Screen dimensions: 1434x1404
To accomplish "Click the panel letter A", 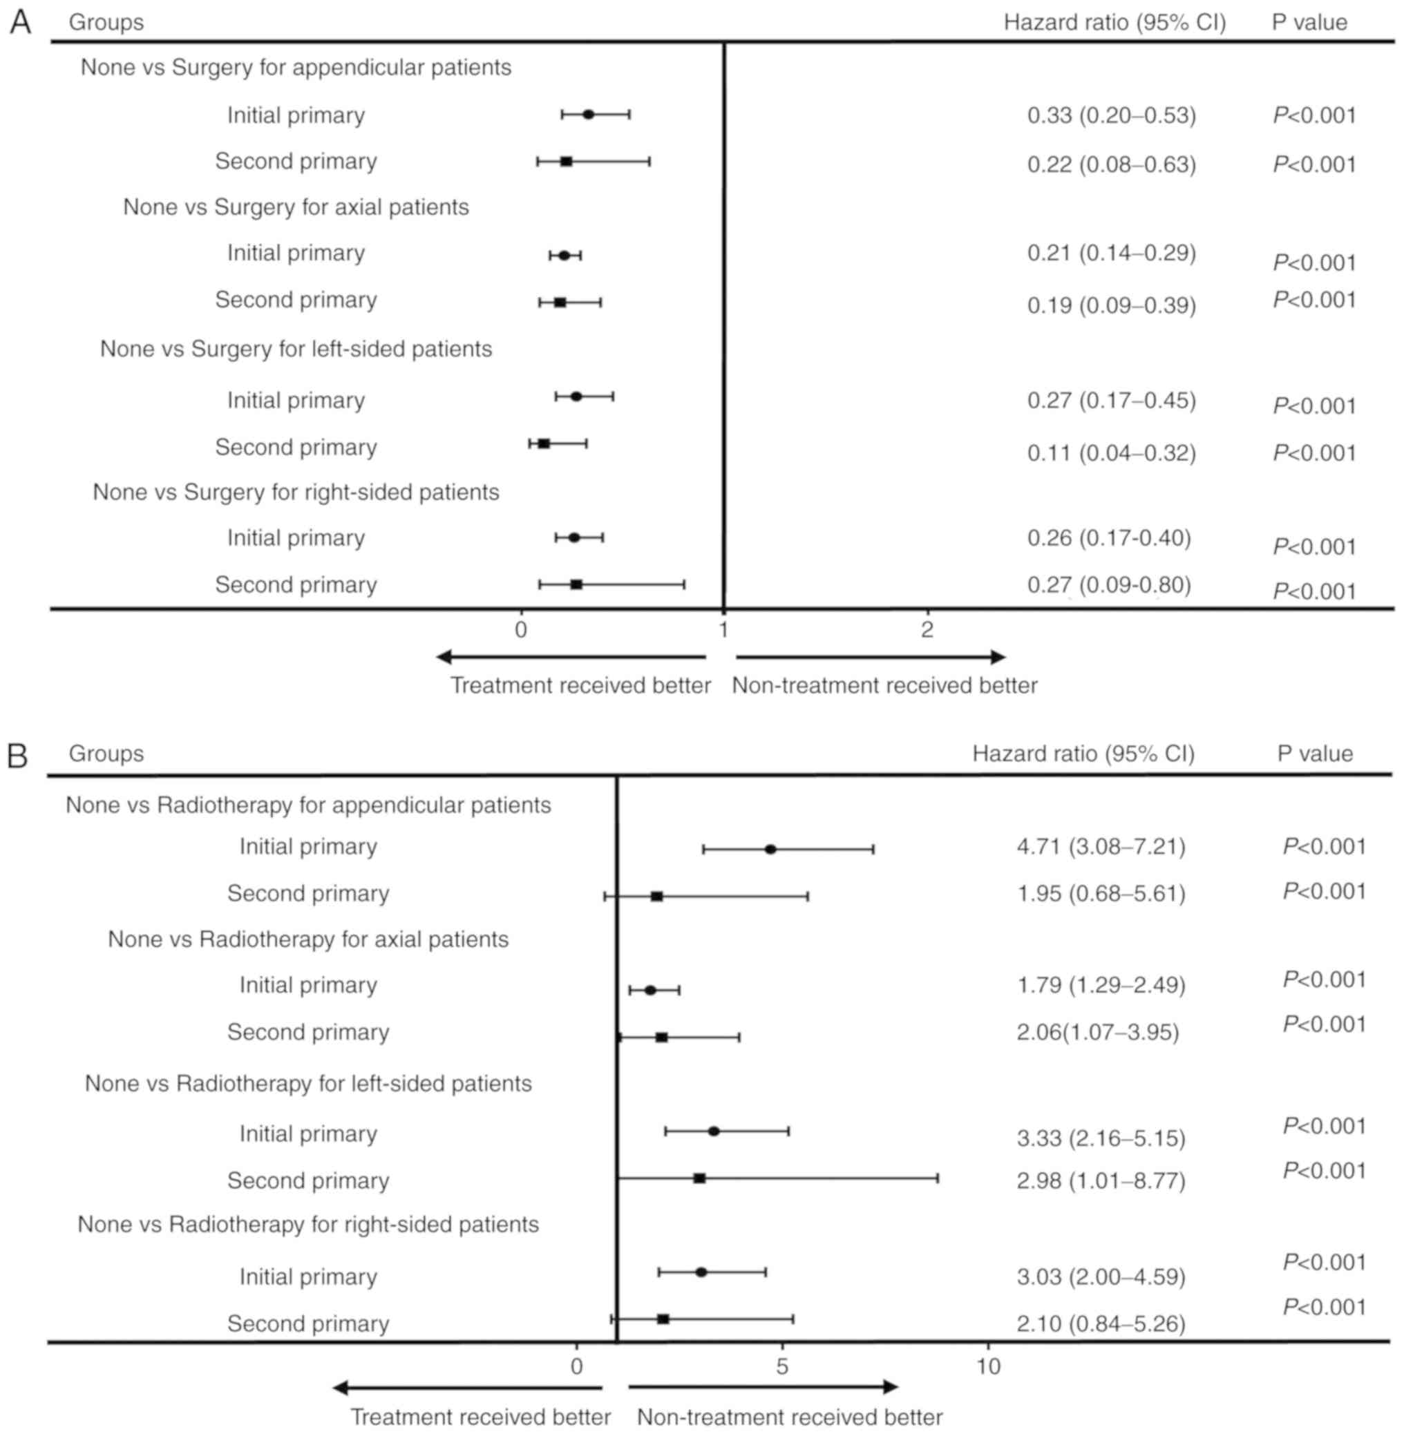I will tap(20, 22).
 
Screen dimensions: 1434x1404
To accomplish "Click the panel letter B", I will tap(18, 756).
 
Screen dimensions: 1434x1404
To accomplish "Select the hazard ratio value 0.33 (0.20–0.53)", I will tap(1111, 116).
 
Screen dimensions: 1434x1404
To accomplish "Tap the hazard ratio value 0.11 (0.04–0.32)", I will tap(1111, 452).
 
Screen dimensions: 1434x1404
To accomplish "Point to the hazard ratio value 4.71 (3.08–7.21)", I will tap(1101, 846).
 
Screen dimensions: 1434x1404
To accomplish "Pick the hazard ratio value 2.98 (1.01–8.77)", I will tap(1101, 1181).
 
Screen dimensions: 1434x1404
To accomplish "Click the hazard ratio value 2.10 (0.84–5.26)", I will tap(1101, 1323).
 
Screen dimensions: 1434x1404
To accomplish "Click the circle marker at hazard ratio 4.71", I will tap(770, 850).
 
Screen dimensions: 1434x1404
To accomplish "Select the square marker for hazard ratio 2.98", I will tap(699, 1178).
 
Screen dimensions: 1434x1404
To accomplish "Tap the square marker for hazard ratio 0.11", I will tap(544, 443).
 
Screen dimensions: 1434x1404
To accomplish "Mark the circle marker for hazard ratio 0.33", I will tap(589, 114).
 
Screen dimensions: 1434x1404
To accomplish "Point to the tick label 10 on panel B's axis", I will tap(988, 1366).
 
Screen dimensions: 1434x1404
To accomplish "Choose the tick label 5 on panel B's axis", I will tap(781, 1366).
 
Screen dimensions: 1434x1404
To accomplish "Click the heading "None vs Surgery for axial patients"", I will tap(296, 207).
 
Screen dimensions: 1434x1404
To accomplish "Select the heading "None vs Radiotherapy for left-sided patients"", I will tap(308, 1083).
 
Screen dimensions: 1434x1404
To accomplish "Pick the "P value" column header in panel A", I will tap(1309, 23).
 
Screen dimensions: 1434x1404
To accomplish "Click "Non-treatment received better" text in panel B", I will tap(790, 1416).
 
